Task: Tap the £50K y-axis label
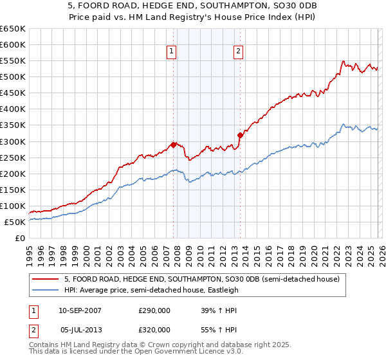coord(15,222)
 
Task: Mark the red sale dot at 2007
coord(173,144)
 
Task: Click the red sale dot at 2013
coord(240,135)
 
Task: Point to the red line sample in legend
coord(46,279)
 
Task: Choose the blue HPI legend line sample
coord(46,290)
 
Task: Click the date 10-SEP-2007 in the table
coord(80,310)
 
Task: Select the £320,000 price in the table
coord(154,329)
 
